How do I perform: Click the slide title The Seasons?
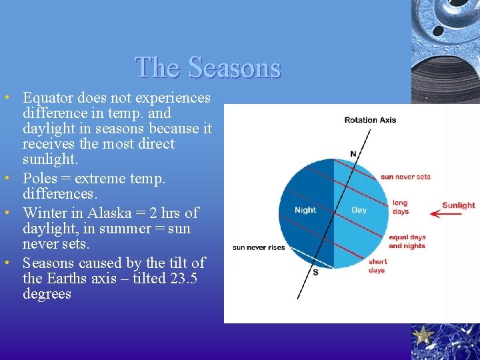tap(208, 67)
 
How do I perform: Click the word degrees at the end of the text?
tap(47, 294)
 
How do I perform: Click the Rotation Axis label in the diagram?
tap(370, 121)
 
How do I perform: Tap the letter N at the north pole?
tap(353, 154)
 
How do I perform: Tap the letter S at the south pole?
tap(315, 272)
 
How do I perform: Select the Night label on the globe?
tap(305, 211)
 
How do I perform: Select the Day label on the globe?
tap(359, 210)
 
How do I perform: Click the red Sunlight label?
tap(458, 205)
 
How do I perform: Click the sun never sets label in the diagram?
tap(405, 177)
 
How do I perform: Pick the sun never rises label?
tap(259, 247)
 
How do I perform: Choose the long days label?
tap(400, 207)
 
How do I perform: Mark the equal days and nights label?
tap(407, 241)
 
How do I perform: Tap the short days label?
tap(377, 266)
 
